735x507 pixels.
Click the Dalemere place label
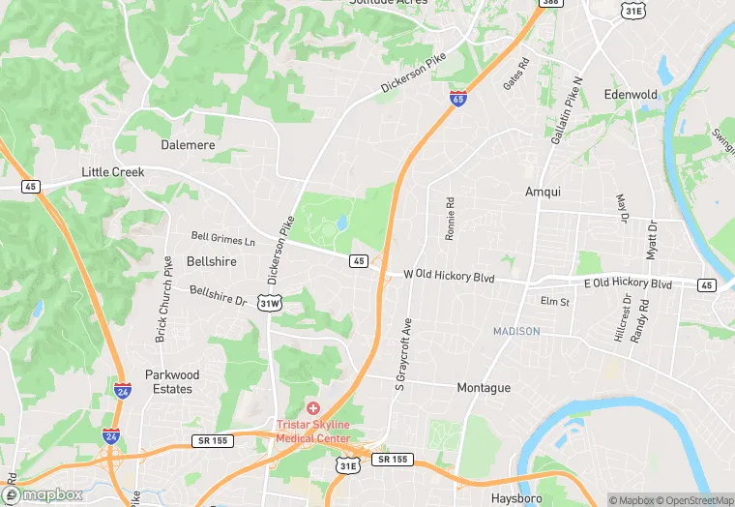(188, 144)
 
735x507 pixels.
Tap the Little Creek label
(112, 172)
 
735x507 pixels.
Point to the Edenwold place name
(631, 95)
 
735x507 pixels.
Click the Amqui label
(543, 192)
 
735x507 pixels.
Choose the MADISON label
(516, 331)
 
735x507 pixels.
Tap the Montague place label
(484, 387)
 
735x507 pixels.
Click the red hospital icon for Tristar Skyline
(313, 409)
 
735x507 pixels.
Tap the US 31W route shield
(270, 304)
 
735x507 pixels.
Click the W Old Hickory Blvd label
(449, 277)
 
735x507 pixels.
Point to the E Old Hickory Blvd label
(628, 284)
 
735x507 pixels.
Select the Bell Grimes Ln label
(223, 237)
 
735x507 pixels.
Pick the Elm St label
(555, 302)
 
